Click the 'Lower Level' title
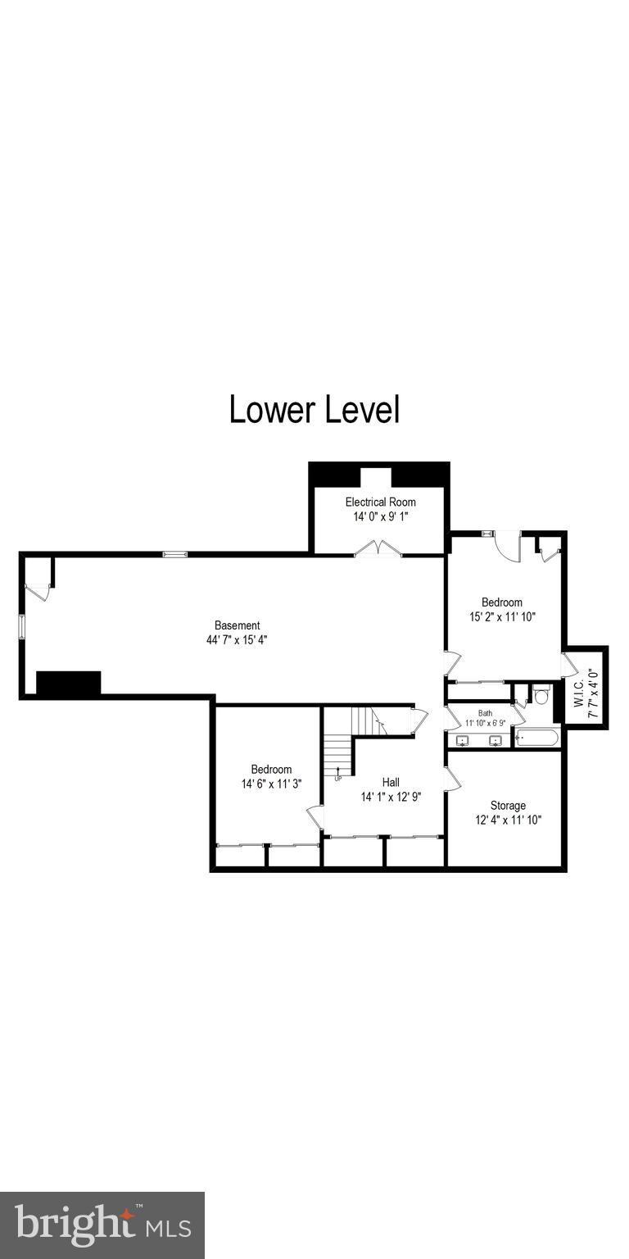[314, 410]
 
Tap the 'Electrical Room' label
[380, 502]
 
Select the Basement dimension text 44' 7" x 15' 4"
[238, 639]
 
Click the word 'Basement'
[238, 625]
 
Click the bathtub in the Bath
[537, 739]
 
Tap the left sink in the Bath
[462, 741]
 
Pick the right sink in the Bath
[495, 741]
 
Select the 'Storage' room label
[508, 805]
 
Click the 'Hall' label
[391, 782]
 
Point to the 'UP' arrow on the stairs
[338, 772]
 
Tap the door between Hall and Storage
[451, 779]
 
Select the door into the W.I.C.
[568, 664]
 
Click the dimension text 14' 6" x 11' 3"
[271, 784]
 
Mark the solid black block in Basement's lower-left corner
[68, 684]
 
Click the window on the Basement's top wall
[174, 555]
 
